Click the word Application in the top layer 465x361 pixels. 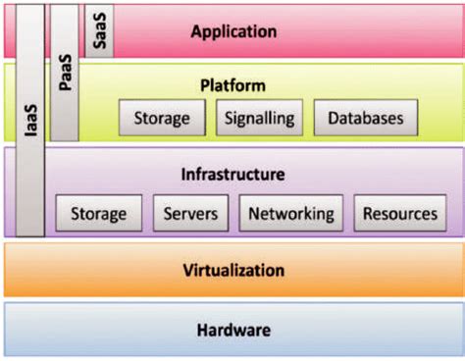point(233,30)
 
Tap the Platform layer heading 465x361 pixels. point(233,85)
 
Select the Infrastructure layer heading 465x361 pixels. point(232,175)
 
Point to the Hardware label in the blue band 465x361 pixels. point(232,330)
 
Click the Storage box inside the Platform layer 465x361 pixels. point(162,118)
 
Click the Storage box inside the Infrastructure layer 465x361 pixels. point(98,213)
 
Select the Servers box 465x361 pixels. point(190,213)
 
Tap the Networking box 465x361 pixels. point(291,213)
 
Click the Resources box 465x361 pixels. point(399,213)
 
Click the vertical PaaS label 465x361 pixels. point(64,74)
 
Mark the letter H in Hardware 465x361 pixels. point(201,330)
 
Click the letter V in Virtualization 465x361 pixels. point(186,270)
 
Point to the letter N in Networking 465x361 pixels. point(255,213)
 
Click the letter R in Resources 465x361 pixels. point(369,213)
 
